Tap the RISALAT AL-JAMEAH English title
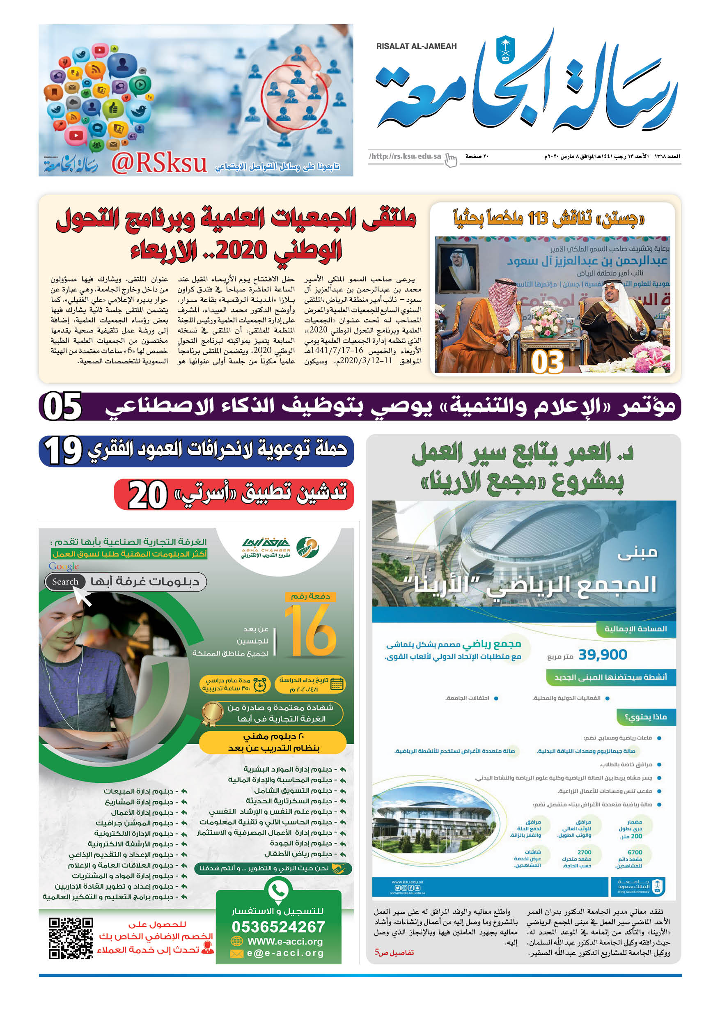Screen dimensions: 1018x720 (416, 46)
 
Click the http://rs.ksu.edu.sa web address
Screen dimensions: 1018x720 (405, 156)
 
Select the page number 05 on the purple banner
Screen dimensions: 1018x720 (62, 406)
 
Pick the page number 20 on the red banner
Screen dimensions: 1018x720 (148, 495)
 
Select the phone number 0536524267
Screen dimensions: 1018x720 (278, 926)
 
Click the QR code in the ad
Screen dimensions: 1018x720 (71, 938)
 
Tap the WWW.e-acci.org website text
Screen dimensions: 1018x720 (284, 941)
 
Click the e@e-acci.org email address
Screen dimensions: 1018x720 (285, 953)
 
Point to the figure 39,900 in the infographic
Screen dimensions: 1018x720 (603, 654)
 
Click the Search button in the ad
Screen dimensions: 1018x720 (65, 582)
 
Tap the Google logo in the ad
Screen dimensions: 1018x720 (64, 566)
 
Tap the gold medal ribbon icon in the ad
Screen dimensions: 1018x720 (212, 713)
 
